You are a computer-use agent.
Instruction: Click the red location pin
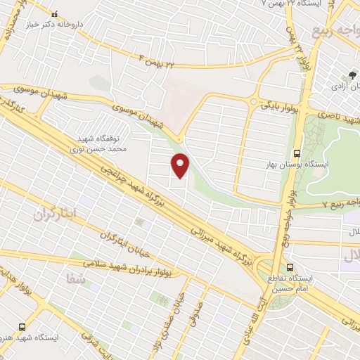pos(181,166)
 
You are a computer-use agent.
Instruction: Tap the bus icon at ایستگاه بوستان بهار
pos(296,153)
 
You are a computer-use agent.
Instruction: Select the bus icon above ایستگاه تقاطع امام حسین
pos(290,266)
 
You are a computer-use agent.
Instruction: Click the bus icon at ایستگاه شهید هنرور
pos(22,327)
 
